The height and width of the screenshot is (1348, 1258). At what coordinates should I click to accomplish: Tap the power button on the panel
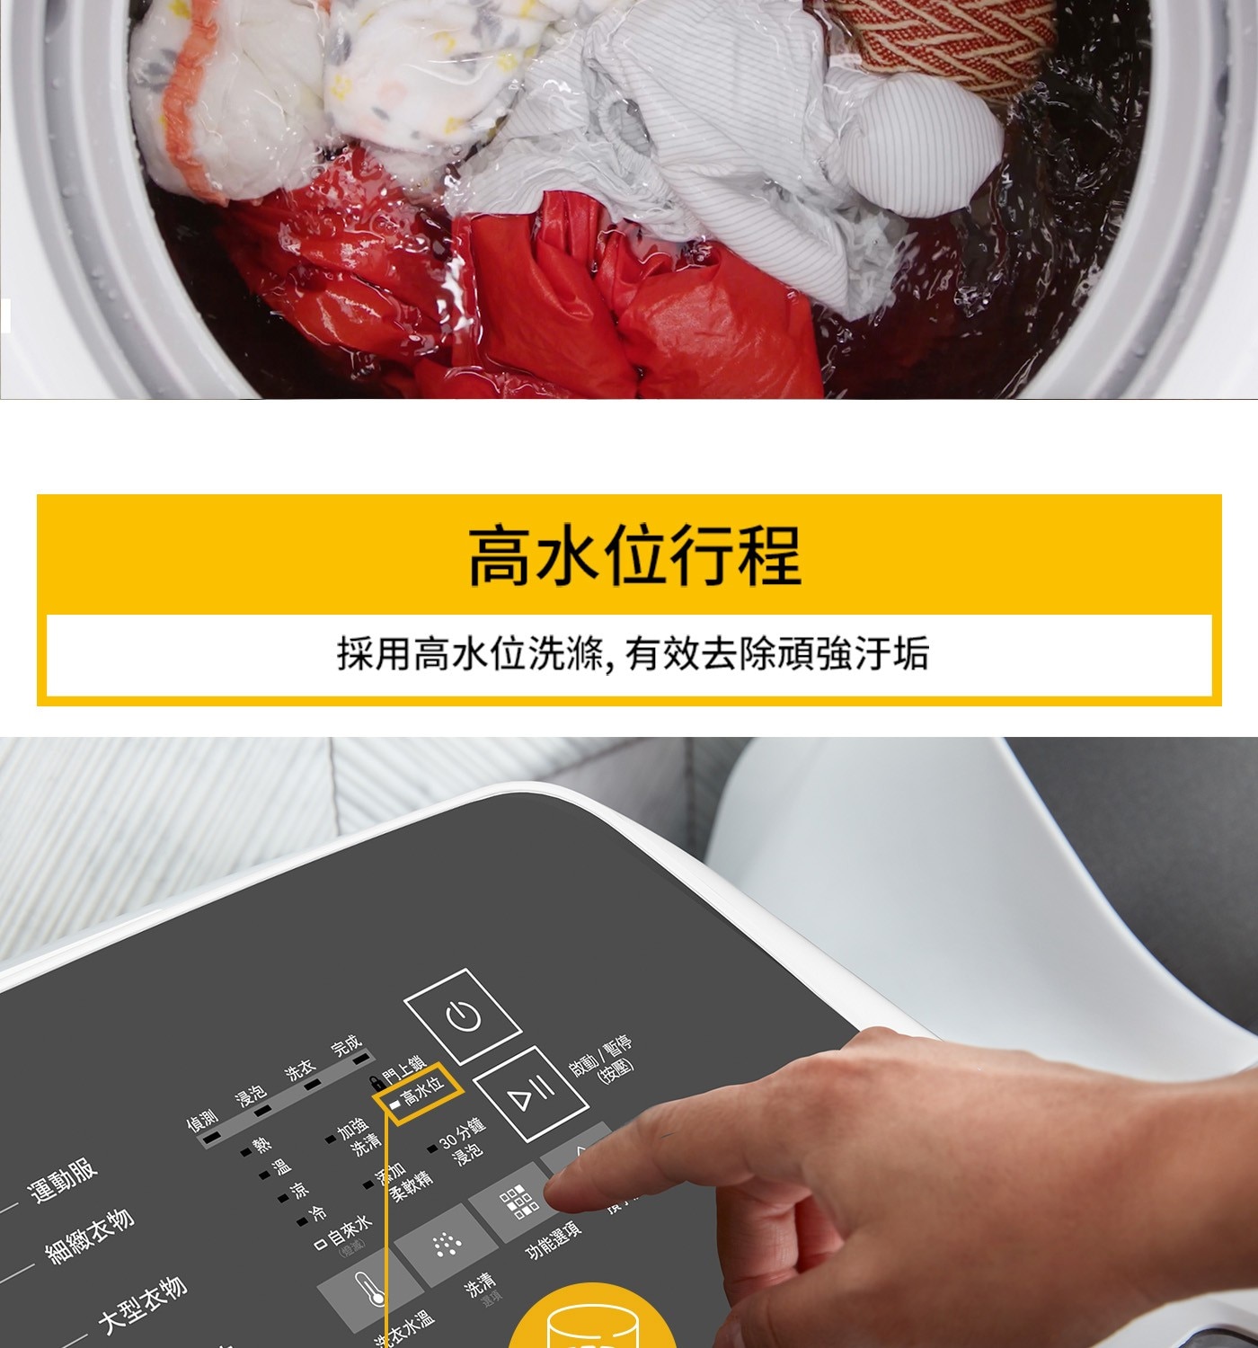pyautogui.click(x=463, y=1016)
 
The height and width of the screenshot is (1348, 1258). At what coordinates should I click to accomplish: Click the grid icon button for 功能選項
pyautogui.click(x=518, y=1202)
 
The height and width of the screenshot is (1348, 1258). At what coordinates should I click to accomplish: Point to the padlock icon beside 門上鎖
pyautogui.click(x=376, y=1083)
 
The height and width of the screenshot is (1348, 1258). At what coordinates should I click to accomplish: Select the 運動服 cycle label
pyautogui.click(x=63, y=1180)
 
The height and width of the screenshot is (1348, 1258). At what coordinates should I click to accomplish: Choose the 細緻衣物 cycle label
pyautogui.click(x=90, y=1237)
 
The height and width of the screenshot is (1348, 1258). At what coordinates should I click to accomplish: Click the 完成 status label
pyautogui.click(x=346, y=1046)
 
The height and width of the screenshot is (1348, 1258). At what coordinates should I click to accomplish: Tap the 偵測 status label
pyautogui.click(x=202, y=1120)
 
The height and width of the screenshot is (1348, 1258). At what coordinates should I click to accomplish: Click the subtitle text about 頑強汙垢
pyautogui.click(x=633, y=653)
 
